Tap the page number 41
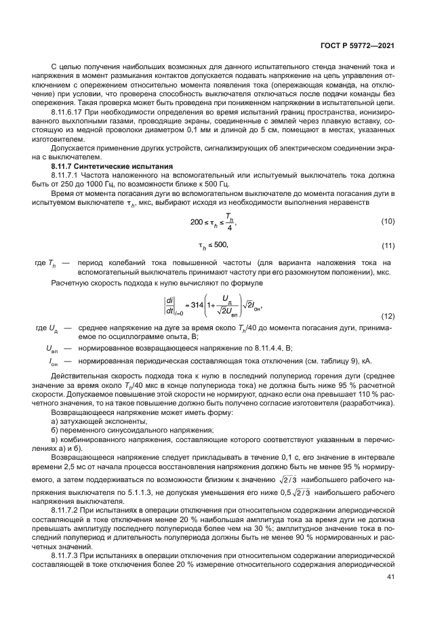click(x=390, y=576)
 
